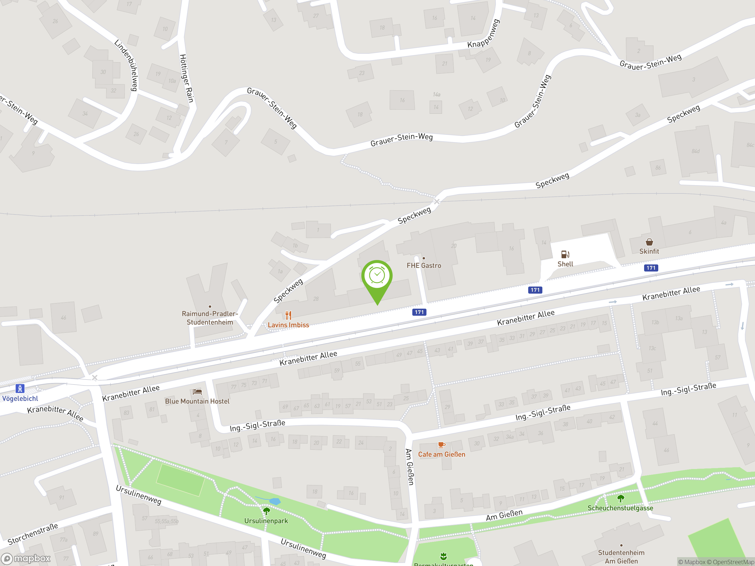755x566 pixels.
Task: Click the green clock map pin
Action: coord(377,276)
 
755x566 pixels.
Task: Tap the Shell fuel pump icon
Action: coord(565,254)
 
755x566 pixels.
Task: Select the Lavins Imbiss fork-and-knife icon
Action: coord(288,315)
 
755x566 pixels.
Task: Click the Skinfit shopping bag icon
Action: coord(649,242)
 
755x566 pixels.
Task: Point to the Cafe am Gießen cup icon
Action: coord(441,445)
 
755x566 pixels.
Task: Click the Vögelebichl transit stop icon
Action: coord(20,389)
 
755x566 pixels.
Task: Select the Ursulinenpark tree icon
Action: coord(266,511)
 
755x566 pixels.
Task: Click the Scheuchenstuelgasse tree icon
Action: coord(621,499)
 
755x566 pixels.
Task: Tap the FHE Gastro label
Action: coord(424,265)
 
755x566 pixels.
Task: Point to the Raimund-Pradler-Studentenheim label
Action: coord(210,318)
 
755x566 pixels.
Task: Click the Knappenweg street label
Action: coord(484,34)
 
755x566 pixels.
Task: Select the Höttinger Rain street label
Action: coord(187,78)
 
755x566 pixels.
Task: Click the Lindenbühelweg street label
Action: coord(126,65)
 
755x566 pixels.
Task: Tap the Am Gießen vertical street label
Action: coord(410,467)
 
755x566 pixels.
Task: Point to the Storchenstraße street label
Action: coord(33,534)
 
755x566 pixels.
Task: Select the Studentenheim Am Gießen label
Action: coord(621,557)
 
